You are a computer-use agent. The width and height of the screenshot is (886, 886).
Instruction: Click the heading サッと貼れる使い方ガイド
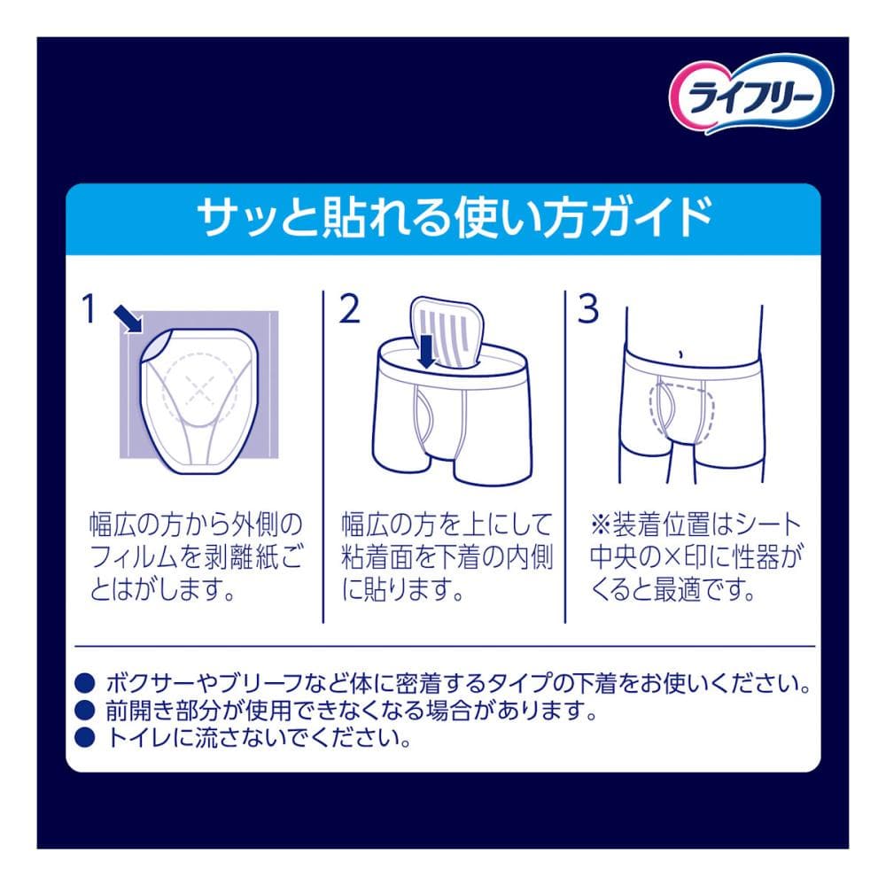tap(455, 218)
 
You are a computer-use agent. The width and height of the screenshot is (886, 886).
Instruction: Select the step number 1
tap(89, 309)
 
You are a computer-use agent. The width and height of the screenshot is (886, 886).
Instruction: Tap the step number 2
tap(350, 309)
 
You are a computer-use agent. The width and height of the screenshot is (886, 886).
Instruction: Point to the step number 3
tap(588, 309)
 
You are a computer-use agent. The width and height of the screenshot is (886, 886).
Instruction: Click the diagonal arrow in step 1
tap(128, 319)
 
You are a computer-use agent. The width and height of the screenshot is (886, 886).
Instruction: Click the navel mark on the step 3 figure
tap(681, 355)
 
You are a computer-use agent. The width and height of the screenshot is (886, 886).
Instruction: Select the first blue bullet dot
tap(84, 682)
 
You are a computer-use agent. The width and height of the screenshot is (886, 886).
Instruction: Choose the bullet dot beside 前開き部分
tap(84, 709)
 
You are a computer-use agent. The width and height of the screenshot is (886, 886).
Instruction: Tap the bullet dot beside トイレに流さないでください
tap(84, 737)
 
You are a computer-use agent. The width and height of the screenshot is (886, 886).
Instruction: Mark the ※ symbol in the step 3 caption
tap(600, 525)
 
